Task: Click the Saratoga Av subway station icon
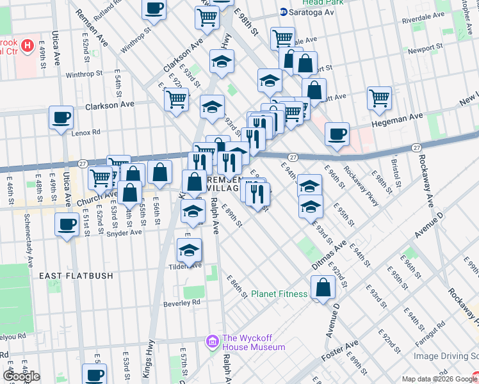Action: coord(284,12)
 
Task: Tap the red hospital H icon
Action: coord(28,45)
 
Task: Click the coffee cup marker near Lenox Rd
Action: coord(61,118)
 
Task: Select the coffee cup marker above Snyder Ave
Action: coord(67,225)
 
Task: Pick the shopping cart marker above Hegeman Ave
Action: coord(379,99)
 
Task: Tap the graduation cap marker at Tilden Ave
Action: coord(189,250)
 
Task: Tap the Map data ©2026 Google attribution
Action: coord(440,379)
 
